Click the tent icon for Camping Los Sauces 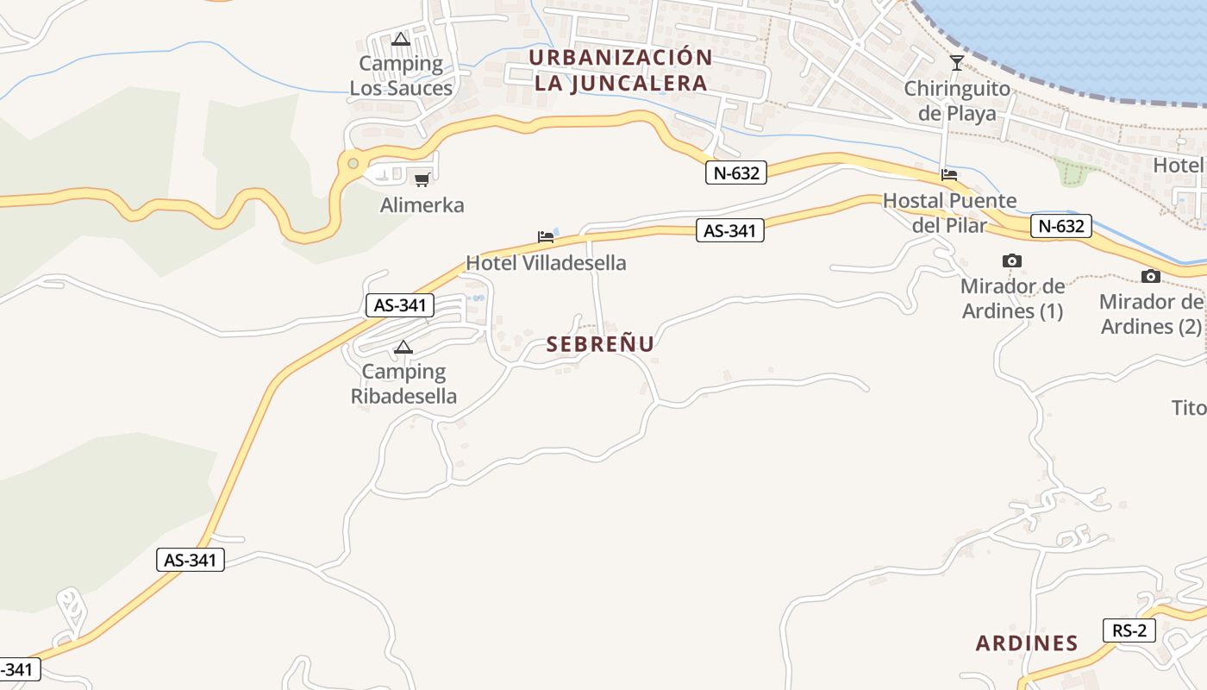(x=400, y=39)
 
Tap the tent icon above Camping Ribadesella (x=403, y=348)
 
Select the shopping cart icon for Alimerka (x=422, y=179)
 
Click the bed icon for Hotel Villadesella (x=546, y=236)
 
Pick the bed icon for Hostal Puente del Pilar (x=949, y=174)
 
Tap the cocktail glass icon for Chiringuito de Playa (x=956, y=62)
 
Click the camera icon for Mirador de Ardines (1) (x=1012, y=260)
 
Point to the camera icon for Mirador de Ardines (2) (x=1150, y=276)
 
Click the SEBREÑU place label (x=600, y=344)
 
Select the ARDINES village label (x=1027, y=643)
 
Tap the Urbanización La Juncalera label (x=621, y=71)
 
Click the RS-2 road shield (x=1129, y=630)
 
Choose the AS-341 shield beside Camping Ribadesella (x=400, y=304)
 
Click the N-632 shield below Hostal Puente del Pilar (x=1060, y=227)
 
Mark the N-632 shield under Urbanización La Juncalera (x=735, y=172)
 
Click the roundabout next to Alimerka (x=352, y=162)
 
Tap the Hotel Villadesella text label (x=546, y=263)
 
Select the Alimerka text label (x=422, y=205)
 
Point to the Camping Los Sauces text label (x=401, y=76)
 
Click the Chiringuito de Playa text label (x=957, y=101)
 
